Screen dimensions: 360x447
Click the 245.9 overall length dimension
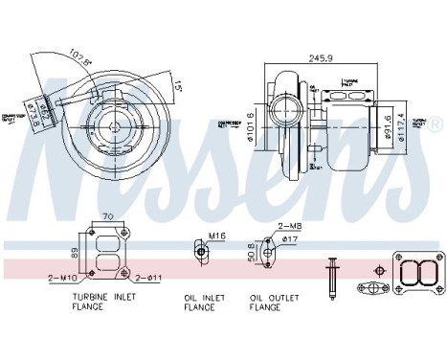point(321,57)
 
